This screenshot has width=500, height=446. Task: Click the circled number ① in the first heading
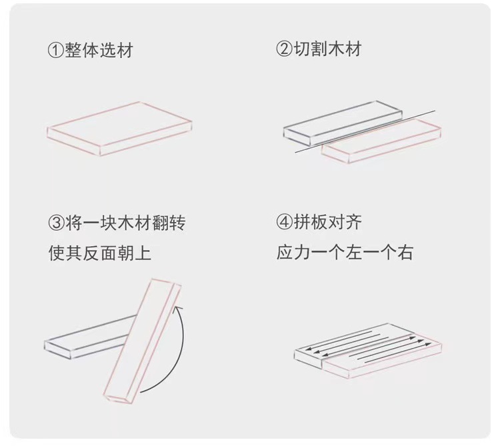[x=55, y=50]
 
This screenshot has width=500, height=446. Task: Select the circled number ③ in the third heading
[x=56, y=223]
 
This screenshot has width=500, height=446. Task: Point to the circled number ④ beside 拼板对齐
[x=284, y=223]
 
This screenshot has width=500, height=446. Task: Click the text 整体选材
[x=99, y=50]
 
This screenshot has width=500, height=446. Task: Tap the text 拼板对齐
[x=327, y=223]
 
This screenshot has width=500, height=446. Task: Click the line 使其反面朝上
[x=105, y=253]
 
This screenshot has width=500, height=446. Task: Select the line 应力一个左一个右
[x=345, y=253]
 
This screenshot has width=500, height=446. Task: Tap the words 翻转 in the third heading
[x=168, y=223]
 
